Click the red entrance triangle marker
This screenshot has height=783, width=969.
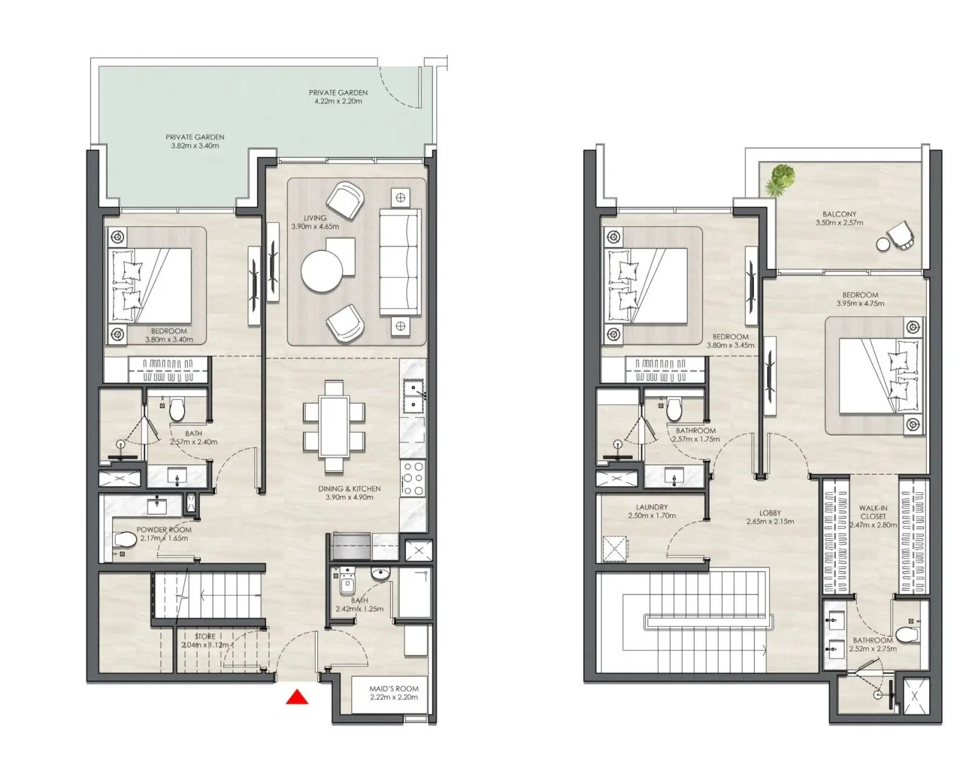coord(297,697)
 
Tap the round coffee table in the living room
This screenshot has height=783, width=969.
coord(322,272)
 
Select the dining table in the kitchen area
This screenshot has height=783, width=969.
coord(334,426)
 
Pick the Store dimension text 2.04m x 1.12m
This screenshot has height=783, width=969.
coord(205,645)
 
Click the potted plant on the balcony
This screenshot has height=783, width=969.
coord(779,179)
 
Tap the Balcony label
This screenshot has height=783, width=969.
coord(839,214)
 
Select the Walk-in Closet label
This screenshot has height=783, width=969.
coord(873,512)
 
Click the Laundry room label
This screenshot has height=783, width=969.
coord(652,507)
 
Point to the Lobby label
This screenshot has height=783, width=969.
coord(770,513)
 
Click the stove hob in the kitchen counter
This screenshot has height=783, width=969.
coord(413,478)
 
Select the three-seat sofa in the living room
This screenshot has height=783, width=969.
coord(400,262)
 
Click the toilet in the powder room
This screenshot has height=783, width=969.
coord(125,540)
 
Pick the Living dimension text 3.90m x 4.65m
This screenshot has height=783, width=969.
coord(315,226)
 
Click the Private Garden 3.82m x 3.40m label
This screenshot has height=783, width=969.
coord(195,141)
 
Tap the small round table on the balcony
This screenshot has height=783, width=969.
coord(883,244)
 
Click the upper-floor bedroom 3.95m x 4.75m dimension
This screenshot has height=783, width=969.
coord(860,303)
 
